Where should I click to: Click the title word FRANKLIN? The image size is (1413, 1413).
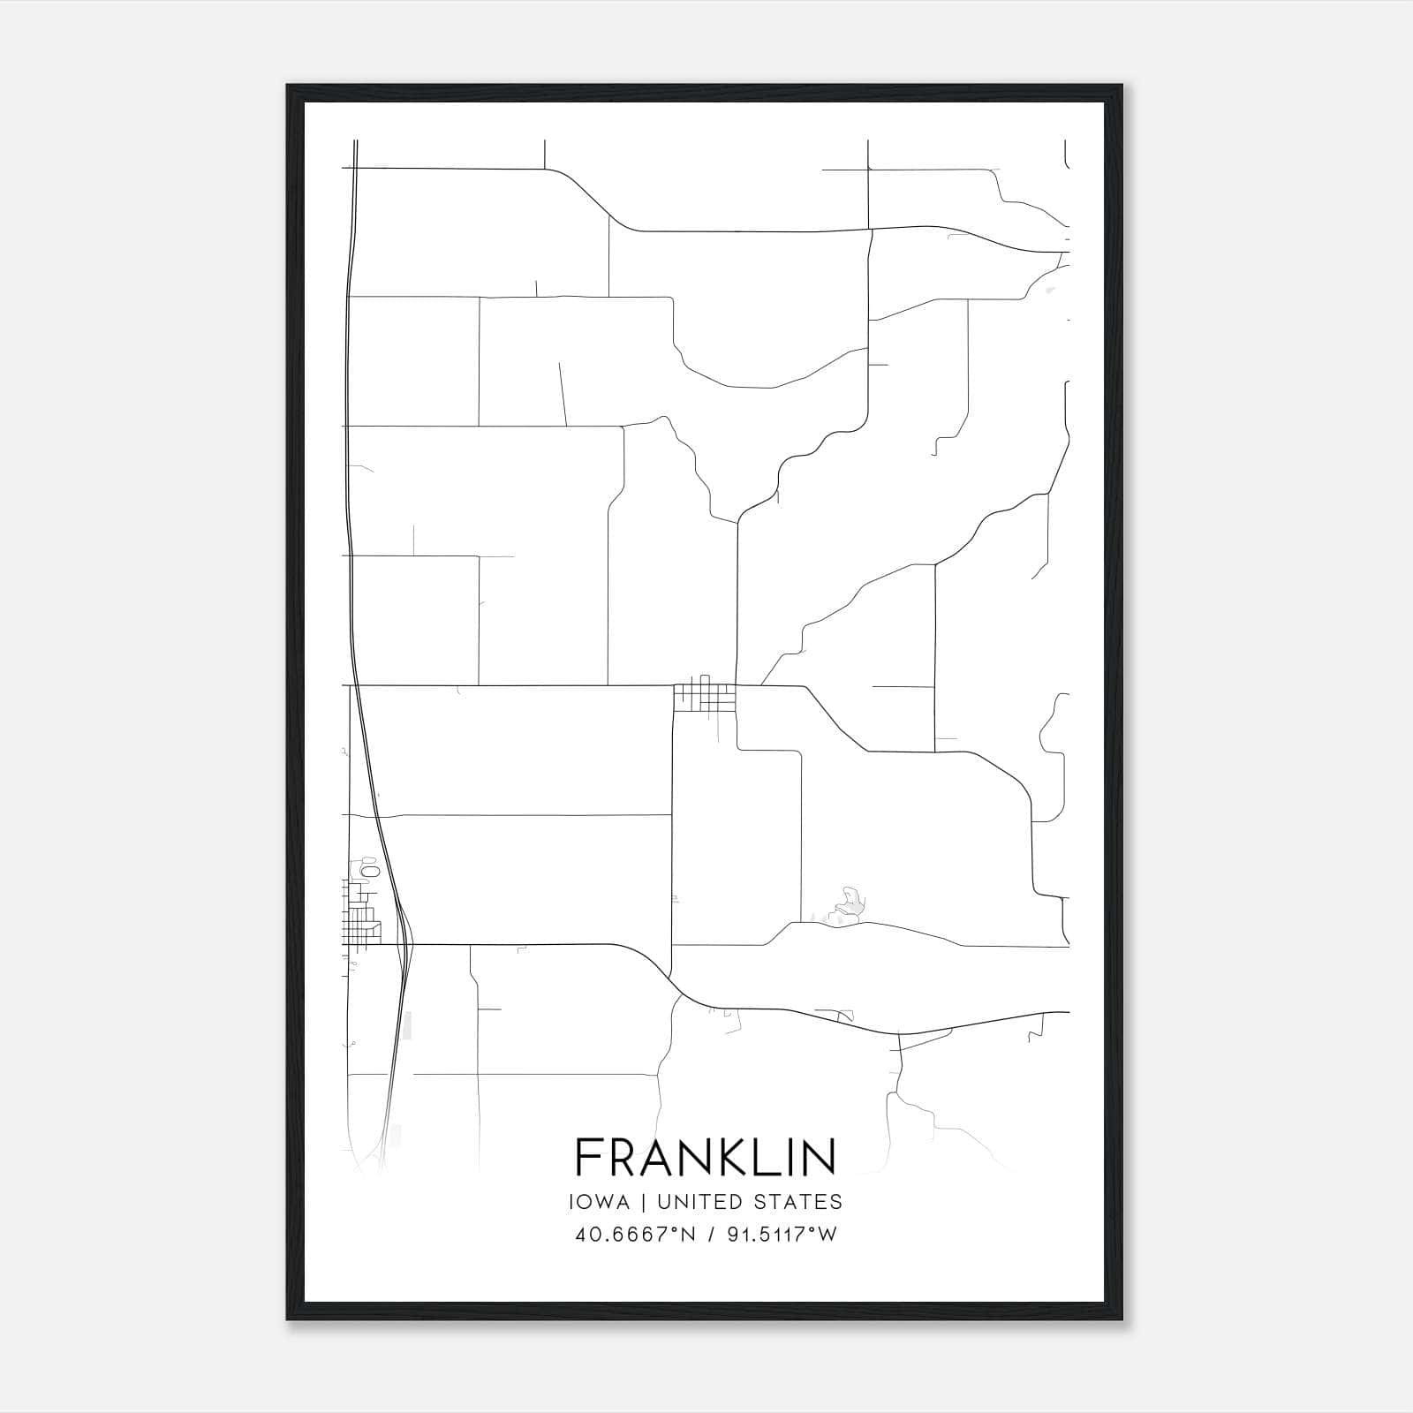(x=706, y=1157)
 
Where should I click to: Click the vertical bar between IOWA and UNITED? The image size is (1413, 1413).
(x=643, y=1202)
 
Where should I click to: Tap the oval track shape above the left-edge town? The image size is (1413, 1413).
(x=369, y=872)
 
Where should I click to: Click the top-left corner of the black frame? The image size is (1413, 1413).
(x=288, y=86)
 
